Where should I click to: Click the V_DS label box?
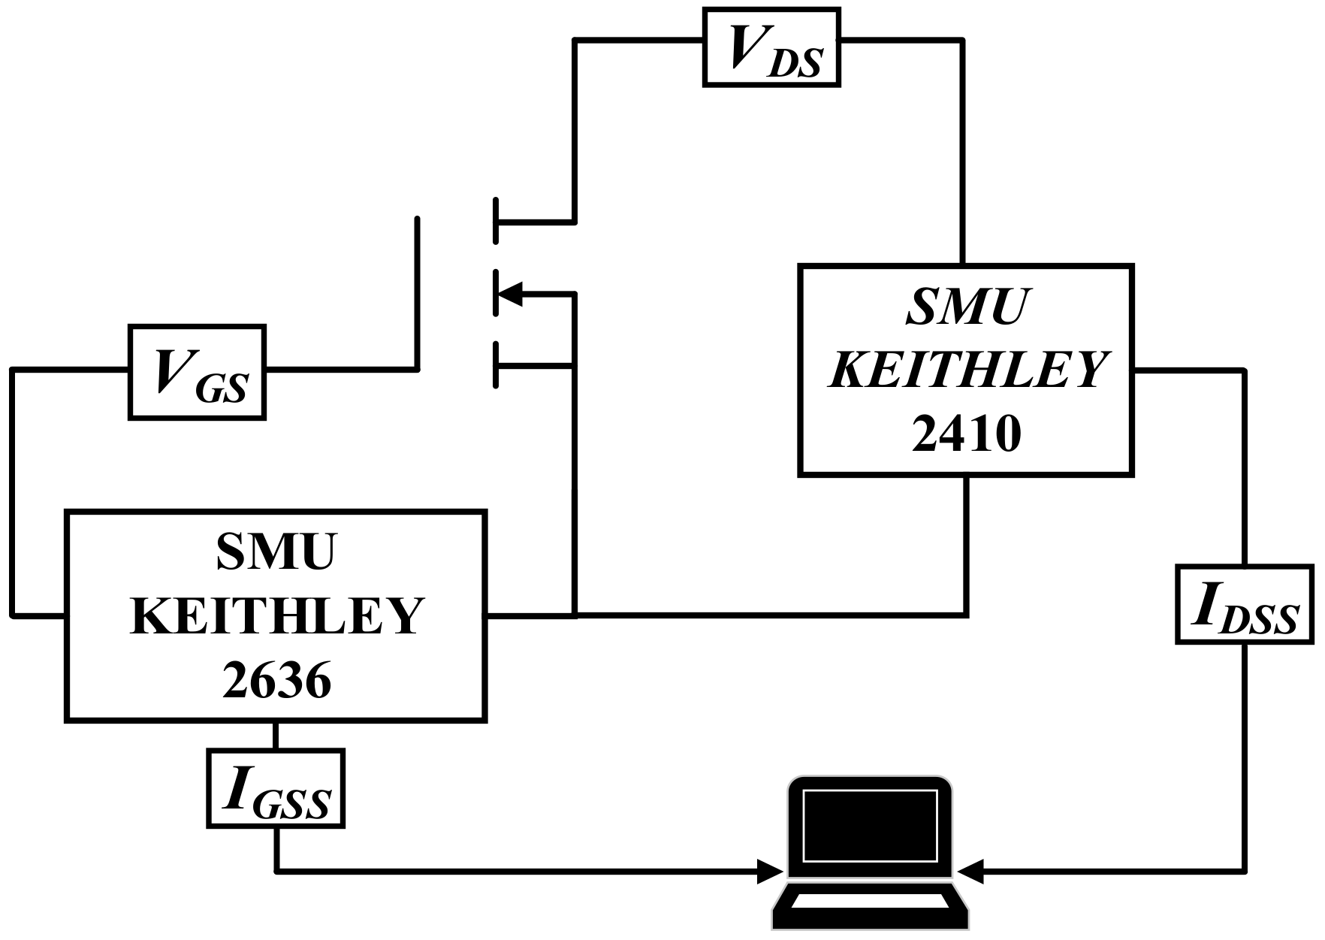tap(771, 47)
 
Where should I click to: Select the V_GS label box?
tap(197, 372)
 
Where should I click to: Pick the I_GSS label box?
tap(276, 788)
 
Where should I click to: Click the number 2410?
tap(966, 434)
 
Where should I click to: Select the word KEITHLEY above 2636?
tap(276, 617)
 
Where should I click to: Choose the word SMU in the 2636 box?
tap(276, 552)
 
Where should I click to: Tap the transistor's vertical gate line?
tap(417, 293)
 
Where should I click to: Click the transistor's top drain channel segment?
tap(496, 222)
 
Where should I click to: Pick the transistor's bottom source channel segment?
tap(496, 365)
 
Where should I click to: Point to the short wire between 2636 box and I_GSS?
tap(276, 736)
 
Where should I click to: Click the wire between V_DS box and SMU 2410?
tap(962, 150)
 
